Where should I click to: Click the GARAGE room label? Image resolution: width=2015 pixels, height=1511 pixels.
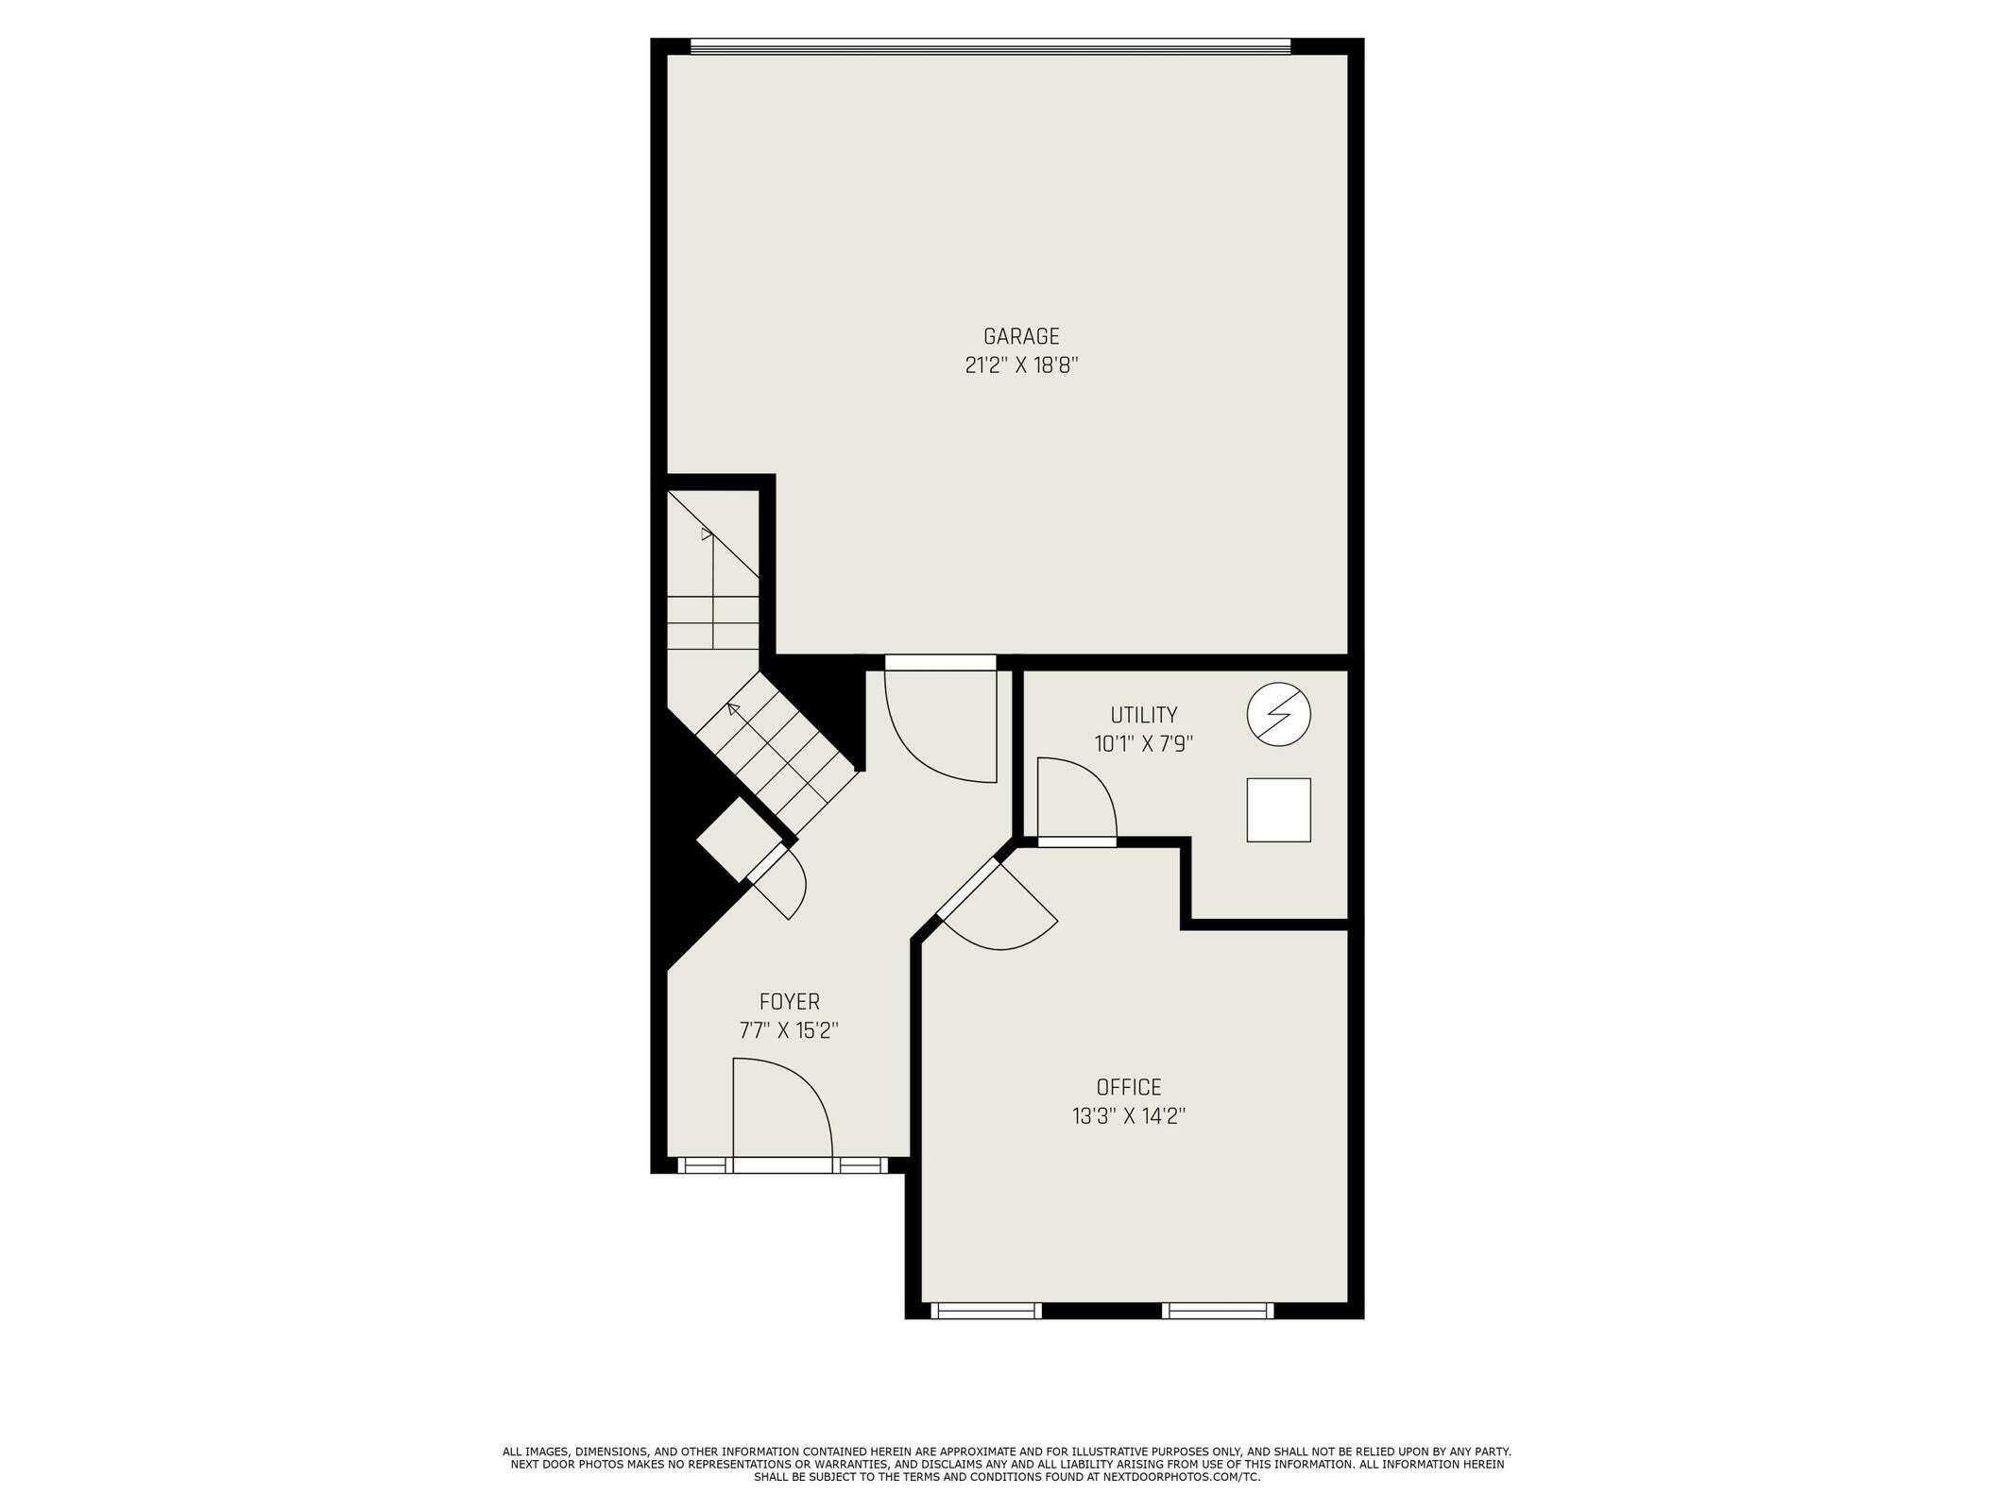(x=1021, y=336)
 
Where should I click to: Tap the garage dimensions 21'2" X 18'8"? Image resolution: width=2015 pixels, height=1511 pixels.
(x=1021, y=365)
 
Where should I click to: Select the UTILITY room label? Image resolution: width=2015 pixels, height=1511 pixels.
(x=1143, y=715)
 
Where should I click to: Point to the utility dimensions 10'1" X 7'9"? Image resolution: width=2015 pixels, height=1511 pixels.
(x=1143, y=744)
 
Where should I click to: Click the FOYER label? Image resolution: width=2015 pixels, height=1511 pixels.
(x=789, y=1001)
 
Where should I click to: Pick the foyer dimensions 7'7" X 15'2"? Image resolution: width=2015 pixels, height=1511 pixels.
(x=789, y=1030)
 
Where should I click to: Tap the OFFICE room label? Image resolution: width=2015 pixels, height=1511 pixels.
(x=1128, y=1087)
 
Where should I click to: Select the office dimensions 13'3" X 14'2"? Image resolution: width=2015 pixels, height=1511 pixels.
(x=1128, y=1116)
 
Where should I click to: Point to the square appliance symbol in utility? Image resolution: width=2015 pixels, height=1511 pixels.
(x=1278, y=809)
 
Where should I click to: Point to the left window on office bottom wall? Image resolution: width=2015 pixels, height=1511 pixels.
(x=985, y=1310)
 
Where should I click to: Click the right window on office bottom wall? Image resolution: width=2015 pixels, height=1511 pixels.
(x=1218, y=1310)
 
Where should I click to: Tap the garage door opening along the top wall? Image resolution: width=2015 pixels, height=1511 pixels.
(x=990, y=45)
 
